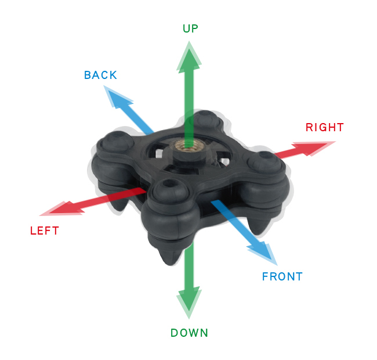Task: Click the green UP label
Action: pos(190,28)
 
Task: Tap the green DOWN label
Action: pos(189,333)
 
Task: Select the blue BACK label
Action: pos(100,75)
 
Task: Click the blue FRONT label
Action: pos(282,276)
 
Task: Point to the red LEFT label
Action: pos(45,231)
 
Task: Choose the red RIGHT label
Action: pos(325,127)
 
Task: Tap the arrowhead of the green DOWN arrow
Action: pos(189,303)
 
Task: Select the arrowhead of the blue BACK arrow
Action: pos(117,98)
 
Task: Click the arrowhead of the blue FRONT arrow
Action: pos(264,253)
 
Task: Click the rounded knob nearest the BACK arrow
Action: pos(205,120)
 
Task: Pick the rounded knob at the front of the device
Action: pos(170,190)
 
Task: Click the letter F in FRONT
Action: pos(264,276)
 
